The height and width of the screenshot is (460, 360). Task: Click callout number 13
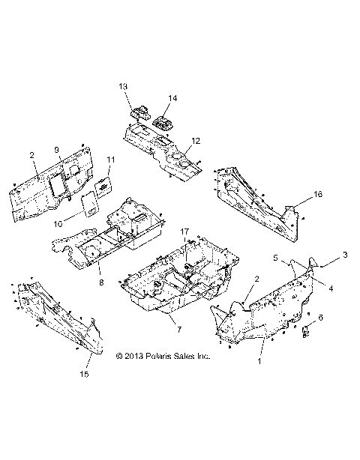124,87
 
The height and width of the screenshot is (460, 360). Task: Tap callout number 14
173,98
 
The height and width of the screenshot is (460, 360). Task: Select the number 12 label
196,140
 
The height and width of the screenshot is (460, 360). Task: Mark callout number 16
318,194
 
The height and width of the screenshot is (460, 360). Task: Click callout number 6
322,318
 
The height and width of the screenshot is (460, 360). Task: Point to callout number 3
345,255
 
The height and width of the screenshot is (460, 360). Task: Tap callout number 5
275,257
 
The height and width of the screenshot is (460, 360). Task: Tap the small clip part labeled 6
306,330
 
